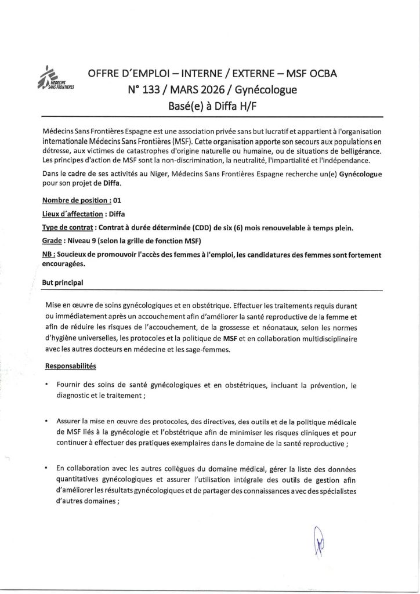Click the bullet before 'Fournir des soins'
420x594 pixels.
(46, 385)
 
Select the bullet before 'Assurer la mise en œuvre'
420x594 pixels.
(46, 419)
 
